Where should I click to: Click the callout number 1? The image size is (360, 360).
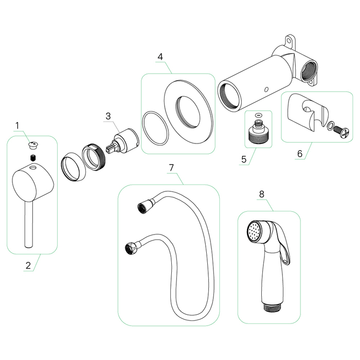pos(17,125)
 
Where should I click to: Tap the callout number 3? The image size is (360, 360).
pos(107,116)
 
